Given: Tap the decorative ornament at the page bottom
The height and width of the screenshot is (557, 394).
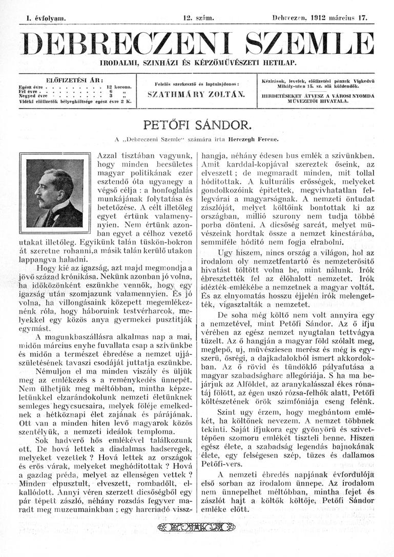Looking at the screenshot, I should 197,528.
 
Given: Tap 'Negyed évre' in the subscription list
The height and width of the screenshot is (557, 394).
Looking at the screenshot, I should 33,97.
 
